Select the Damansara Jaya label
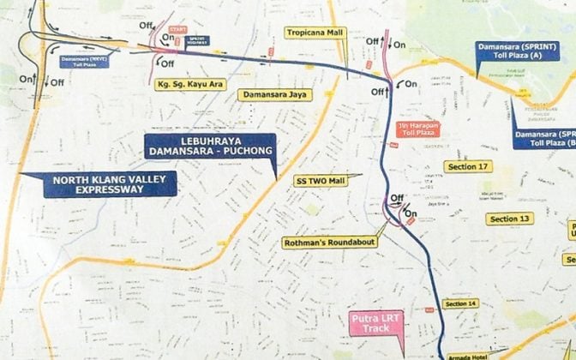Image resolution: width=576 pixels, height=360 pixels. tap(274, 95)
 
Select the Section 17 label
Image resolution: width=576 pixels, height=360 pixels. tap(468, 165)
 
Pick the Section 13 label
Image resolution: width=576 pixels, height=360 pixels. tap(509, 219)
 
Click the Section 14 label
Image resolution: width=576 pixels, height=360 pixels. tap(461, 303)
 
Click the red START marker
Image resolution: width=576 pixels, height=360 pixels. tap(177, 29)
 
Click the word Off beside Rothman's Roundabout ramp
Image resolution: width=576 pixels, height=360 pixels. tap(396, 198)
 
